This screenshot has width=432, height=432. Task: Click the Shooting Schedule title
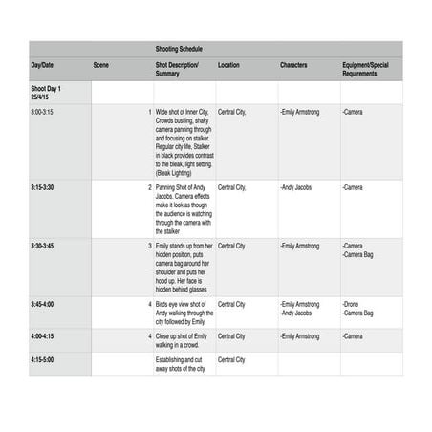coord(179,48)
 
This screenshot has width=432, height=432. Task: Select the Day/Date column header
coord(42,65)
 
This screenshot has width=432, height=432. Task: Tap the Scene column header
coord(100,65)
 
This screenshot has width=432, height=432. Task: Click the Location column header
coord(228,65)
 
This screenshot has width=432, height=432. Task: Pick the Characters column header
coord(293,65)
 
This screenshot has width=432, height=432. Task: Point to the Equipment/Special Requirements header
coord(366,69)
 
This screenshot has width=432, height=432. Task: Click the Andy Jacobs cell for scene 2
coord(298,187)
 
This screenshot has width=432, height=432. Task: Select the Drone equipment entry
coord(352,304)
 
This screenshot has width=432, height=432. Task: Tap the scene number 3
coord(149,246)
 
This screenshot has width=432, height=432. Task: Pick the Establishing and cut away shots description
coord(181,364)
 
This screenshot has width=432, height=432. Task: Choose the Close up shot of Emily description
coord(182,340)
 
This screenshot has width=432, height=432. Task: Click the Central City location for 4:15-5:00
coord(231,360)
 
